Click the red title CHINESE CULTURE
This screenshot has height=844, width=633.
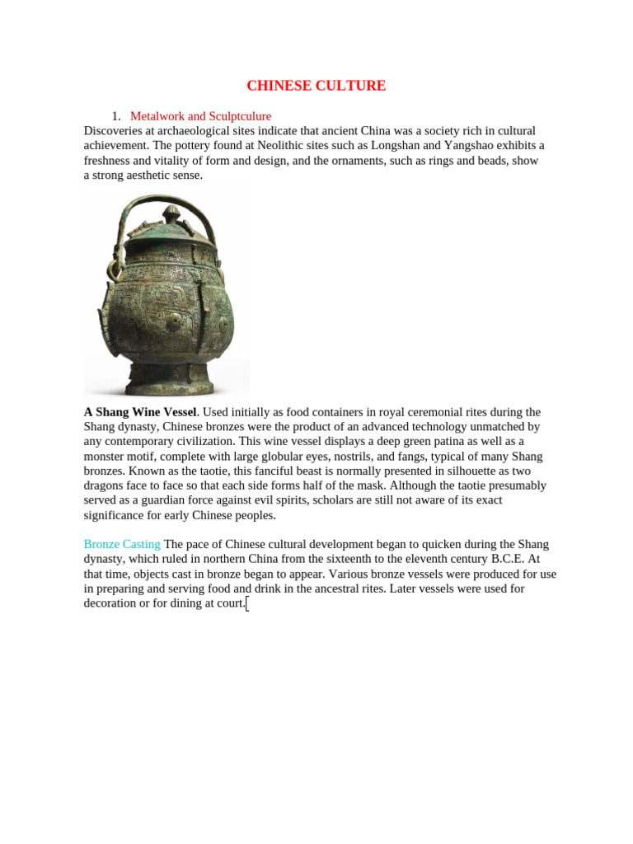pos(316,86)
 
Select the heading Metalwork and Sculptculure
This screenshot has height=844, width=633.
pos(200,116)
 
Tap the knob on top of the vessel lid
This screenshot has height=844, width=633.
pos(172,214)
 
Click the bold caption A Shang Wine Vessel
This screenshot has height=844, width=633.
pos(140,412)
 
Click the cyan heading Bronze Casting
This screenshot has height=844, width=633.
pos(122,545)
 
